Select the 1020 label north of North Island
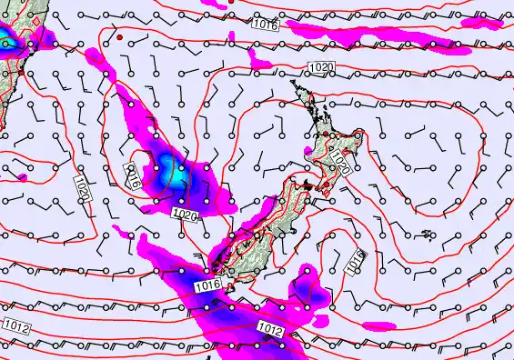(320, 67)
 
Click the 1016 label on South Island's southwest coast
(208, 285)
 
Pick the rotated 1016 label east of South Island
(355, 261)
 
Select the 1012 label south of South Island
(270, 327)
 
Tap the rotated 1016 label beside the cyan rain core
(134, 174)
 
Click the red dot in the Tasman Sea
(118, 37)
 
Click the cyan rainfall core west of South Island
(168, 167)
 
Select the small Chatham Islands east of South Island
(427, 234)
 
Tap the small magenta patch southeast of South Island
(377, 325)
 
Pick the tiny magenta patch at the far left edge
(21, 175)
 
